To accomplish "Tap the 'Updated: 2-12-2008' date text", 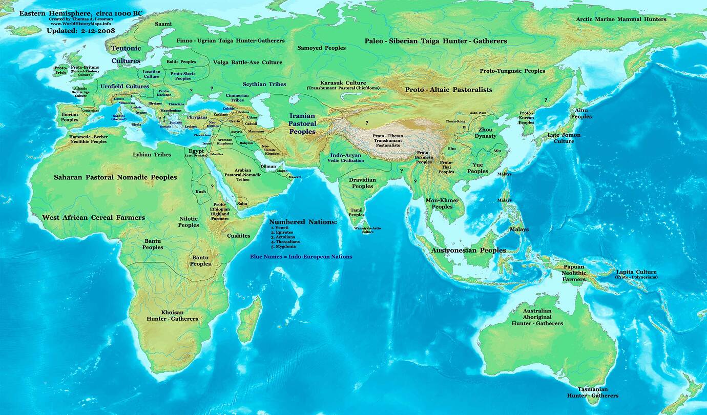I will tap(80, 31).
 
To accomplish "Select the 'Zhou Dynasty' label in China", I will tap(485, 133).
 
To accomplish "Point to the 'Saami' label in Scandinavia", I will tap(163, 24).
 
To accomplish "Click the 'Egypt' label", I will tap(196, 151).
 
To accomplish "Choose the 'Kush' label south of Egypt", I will tap(201, 192).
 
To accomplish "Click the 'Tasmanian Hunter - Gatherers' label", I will tap(592, 392).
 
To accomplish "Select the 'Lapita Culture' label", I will tap(636, 272).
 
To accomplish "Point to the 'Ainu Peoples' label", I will tap(581, 113).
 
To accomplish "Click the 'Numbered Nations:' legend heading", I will tap(303, 222).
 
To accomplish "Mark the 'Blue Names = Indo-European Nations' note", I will tap(301, 256).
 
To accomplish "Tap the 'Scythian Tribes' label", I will tap(264, 84).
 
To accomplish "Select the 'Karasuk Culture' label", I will tap(343, 83).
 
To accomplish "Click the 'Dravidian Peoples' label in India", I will tap(362, 183).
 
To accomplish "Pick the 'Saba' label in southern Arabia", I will tap(242, 203).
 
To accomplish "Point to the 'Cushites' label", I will tap(238, 236).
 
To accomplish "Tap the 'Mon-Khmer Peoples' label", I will tap(442, 203).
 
